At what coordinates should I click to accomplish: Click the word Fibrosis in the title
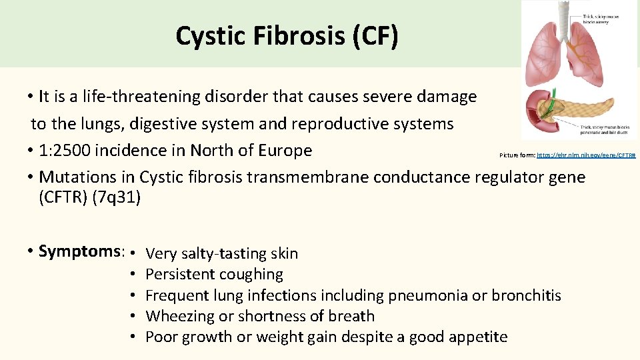click(298, 36)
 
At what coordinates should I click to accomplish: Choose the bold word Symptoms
click(81, 251)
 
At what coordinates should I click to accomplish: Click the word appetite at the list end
click(477, 337)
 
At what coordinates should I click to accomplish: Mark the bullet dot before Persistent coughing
click(134, 274)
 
